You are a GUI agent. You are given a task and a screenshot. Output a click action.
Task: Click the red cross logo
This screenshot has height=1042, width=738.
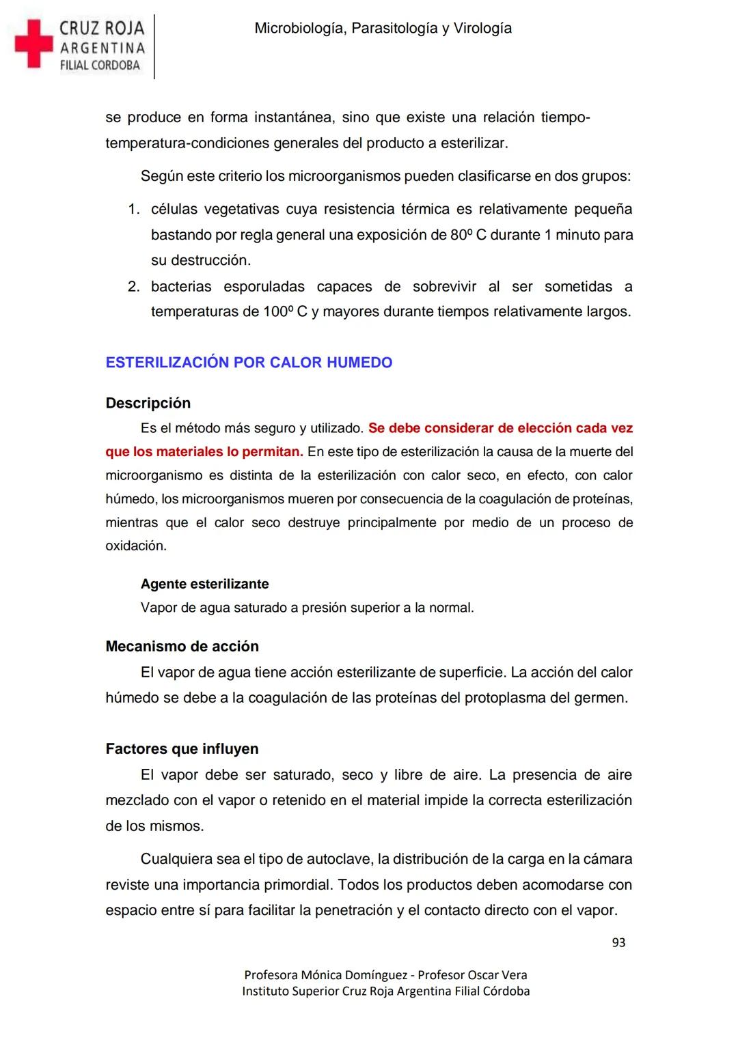(33, 44)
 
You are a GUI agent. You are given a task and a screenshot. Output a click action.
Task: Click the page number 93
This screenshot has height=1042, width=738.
(618, 942)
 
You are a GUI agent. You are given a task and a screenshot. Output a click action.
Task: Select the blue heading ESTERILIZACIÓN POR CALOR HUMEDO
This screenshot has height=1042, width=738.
(249, 363)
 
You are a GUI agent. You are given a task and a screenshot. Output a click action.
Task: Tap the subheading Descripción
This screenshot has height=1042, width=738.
(148, 403)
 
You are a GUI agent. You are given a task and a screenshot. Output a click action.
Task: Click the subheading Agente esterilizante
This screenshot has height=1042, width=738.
(204, 584)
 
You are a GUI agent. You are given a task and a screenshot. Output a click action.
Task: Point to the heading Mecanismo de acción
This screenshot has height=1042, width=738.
(182, 646)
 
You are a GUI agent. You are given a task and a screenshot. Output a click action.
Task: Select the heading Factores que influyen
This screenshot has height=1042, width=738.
(182, 748)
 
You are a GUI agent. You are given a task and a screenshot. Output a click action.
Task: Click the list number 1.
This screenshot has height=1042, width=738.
(134, 209)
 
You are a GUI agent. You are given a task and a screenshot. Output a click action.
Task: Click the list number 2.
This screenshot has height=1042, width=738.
(134, 286)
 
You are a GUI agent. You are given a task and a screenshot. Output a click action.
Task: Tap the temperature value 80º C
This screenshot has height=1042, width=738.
(468, 235)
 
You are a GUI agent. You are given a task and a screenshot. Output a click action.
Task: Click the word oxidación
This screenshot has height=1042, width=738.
(135, 546)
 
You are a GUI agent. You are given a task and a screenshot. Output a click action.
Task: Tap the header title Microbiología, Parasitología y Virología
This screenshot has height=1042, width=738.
(383, 29)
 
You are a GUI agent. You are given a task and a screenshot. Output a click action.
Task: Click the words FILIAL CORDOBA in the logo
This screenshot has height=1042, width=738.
(100, 66)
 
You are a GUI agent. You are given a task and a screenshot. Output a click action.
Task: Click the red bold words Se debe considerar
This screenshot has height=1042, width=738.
(430, 428)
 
